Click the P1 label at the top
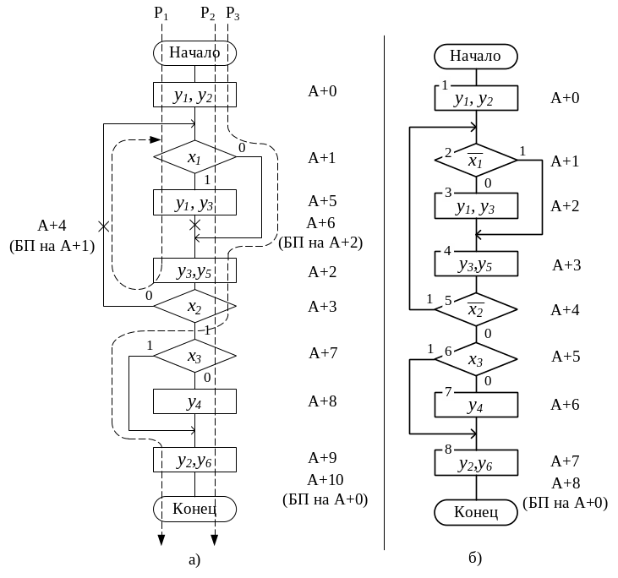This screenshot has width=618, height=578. click(x=161, y=13)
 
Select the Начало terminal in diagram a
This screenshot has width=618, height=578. click(x=194, y=52)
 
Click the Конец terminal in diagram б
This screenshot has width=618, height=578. click(x=476, y=512)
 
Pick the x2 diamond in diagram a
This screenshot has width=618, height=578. click(x=194, y=305)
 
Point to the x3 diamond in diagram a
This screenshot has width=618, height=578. click(x=194, y=357)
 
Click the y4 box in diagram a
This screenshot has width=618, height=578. click(x=194, y=402)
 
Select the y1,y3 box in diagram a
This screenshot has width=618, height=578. click(x=194, y=203)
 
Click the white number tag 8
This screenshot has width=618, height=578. click(x=447, y=448)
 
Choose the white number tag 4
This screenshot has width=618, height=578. click(x=447, y=251)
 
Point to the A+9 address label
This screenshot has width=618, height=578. click(x=322, y=458)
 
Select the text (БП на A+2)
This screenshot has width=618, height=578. click(x=320, y=243)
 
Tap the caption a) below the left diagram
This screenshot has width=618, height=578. click(x=194, y=559)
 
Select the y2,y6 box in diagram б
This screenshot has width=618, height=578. click(x=476, y=464)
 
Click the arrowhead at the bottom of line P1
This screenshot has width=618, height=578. click(x=161, y=541)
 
